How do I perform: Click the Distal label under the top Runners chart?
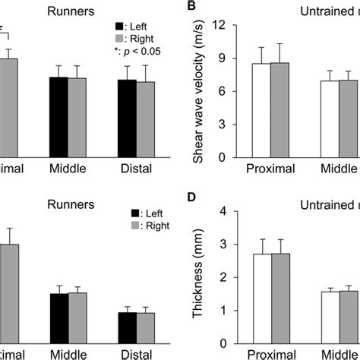(x=137, y=168)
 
